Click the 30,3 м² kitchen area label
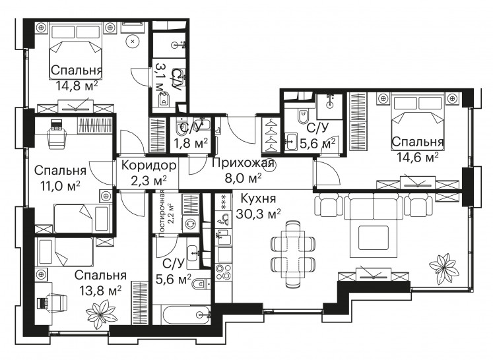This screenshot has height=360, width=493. pyautogui.click(x=258, y=214)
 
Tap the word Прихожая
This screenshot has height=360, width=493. pyautogui.click(x=244, y=164)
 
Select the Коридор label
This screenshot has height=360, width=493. pyautogui.click(x=148, y=165)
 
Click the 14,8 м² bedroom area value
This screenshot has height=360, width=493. pyautogui.click(x=77, y=85)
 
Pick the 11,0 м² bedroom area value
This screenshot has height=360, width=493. pyautogui.click(x=60, y=186)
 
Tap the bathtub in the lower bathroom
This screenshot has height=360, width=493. pyautogui.click(x=186, y=315)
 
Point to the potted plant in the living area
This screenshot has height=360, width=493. pyautogui.click(x=443, y=267)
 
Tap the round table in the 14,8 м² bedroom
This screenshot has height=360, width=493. pyautogui.click(x=133, y=41)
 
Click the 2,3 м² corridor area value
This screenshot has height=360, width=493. pyautogui.click(x=148, y=181)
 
